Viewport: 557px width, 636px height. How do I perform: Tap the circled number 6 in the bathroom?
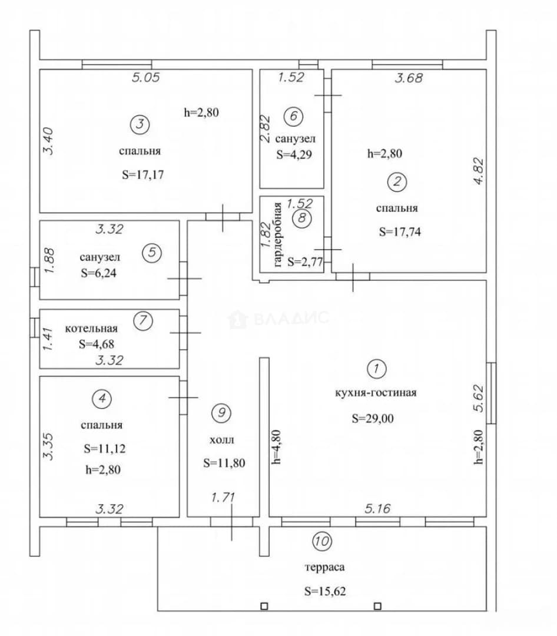coord(293,117)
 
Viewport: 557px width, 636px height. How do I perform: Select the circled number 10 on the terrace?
coord(321,541)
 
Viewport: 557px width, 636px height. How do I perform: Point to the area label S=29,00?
coord(373,418)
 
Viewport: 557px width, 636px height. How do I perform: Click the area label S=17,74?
coord(400,231)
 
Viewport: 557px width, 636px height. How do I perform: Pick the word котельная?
coord(91,328)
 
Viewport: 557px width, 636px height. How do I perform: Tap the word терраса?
coord(324,567)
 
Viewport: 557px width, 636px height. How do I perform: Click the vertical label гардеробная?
coord(278,234)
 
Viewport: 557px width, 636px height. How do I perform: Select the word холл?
coord(221,440)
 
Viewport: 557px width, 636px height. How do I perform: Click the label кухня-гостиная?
coord(376,393)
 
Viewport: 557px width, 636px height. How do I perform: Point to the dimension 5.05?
coord(145,77)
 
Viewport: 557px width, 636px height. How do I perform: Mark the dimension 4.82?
coord(479,171)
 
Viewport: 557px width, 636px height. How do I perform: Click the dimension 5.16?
coord(377,508)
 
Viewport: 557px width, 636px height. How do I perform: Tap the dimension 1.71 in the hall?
coord(223,497)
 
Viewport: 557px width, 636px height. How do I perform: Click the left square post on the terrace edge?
coord(264,607)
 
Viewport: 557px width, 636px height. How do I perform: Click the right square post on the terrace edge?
coord(377,607)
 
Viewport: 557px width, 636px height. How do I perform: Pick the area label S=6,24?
coord(98,273)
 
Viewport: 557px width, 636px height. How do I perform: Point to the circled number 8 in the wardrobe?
coord(302,218)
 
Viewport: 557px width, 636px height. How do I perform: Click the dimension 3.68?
coord(409,78)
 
